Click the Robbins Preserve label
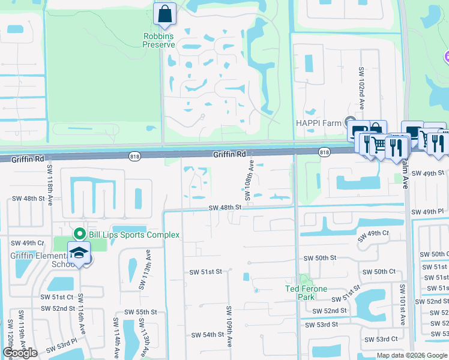click(x=158, y=40)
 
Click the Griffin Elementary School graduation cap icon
click(x=79, y=253)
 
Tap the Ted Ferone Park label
click(x=306, y=292)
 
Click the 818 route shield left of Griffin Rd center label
click(x=134, y=156)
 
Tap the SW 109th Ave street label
click(x=229, y=326)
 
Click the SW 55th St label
click(x=140, y=312)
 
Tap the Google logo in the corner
click(x=20, y=353)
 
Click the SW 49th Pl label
click(x=427, y=212)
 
